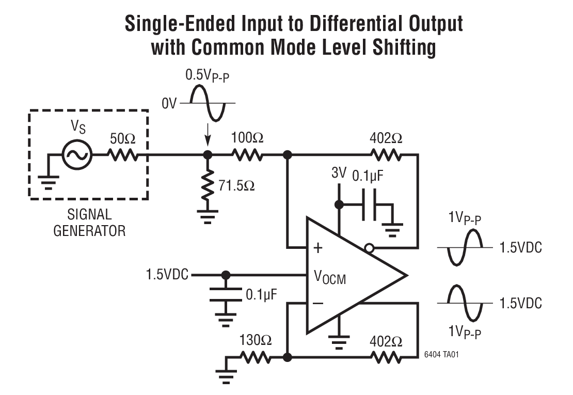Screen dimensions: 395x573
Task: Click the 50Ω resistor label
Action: pyautogui.click(x=123, y=139)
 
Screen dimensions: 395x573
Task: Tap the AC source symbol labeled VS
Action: pyautogui.click(x=77, y=154)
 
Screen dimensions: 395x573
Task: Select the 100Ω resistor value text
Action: pyautogui.click(x=248, y=138)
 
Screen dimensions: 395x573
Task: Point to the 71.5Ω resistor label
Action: pyautogui.click(x=236, y=185)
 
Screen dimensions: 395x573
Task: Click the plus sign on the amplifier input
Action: pyautogui.click(x=318, y=248)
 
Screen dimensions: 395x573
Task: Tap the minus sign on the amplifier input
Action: pyautogui.click(x=318, y=303)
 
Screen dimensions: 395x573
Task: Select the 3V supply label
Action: pyautogui.click(x=339, y=173)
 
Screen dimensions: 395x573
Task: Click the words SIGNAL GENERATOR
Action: pyautogui.click(x=89, y=223)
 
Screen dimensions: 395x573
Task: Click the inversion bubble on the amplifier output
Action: pyautogui.click(x=369, y=248)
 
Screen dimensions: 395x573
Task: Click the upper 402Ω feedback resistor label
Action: pyautogui.click(x=386, y=138)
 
